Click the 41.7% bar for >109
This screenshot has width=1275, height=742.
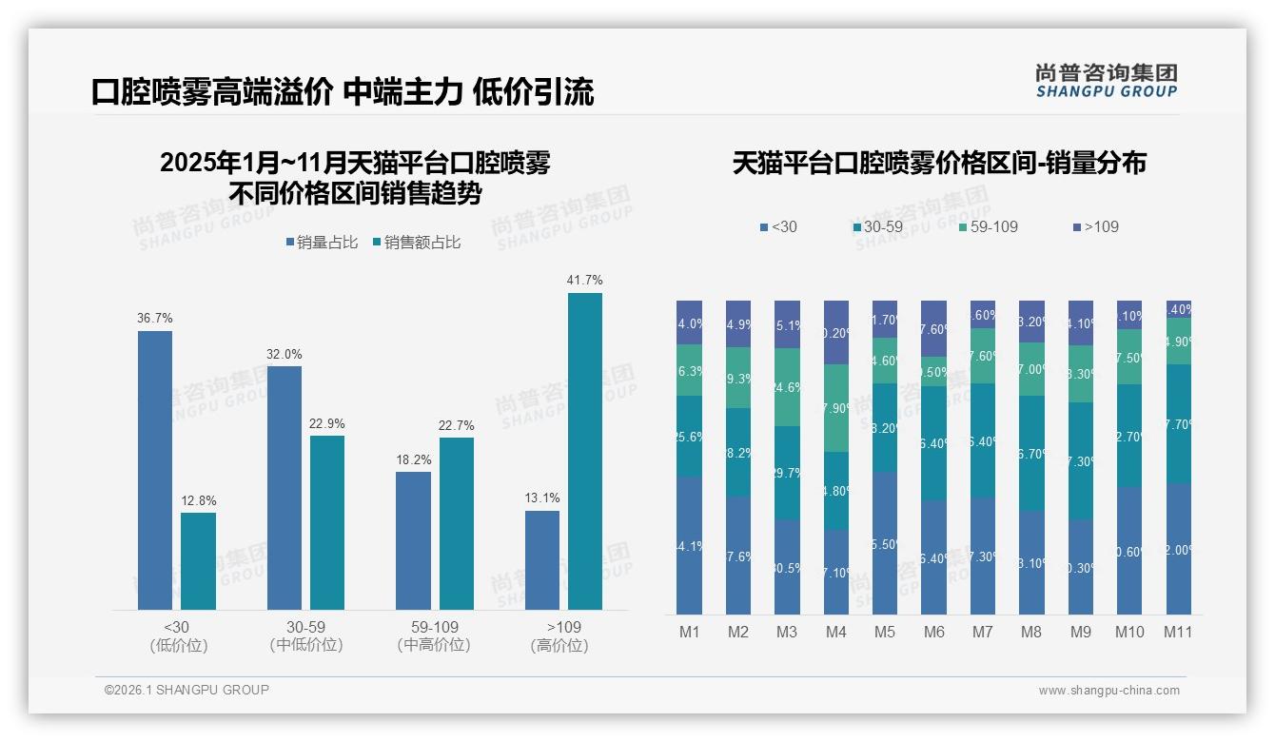coord(585,451)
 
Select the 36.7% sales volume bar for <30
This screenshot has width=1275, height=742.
coord(155,470)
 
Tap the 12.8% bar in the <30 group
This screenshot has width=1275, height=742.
coord(198,561)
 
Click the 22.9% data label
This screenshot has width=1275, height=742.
coord(326,423)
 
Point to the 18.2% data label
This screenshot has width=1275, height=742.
coord(414,459)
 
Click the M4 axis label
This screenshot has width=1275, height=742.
coord(835,633)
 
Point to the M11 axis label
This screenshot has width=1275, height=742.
coord(1178,633)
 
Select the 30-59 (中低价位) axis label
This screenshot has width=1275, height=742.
coord(305,636)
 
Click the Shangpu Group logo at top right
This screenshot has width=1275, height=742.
coord(1106,80)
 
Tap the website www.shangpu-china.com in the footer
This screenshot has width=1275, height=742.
coord(1108,691)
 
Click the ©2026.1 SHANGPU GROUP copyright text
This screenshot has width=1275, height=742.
coord(186,690)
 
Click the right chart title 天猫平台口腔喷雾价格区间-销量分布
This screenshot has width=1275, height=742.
coord(939,163)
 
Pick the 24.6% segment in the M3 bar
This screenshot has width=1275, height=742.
coord(787,387)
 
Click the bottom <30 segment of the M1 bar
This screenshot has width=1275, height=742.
coord(690,545)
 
